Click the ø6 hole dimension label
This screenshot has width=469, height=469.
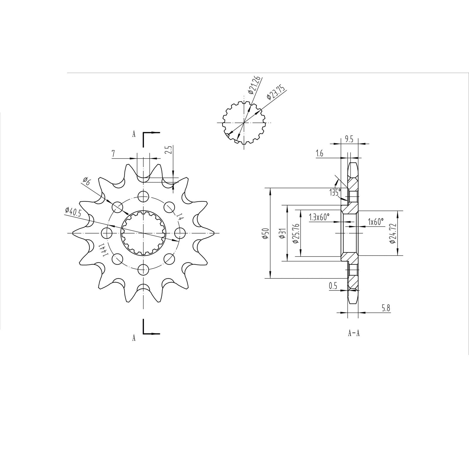click(86, 181)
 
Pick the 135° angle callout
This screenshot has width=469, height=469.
click(335, 192)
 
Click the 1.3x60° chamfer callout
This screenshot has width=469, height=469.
click(319, 217)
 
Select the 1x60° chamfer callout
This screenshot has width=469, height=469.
click(376, 222)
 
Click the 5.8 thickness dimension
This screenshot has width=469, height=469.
click(386, 308)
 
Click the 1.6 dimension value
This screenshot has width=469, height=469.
click(320, 154)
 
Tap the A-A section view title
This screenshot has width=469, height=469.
click(354, 333)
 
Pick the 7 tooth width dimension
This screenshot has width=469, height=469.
click(113, 154)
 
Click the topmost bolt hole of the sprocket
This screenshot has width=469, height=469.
click(143, 196)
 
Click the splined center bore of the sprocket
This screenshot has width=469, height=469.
click(144, 233)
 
